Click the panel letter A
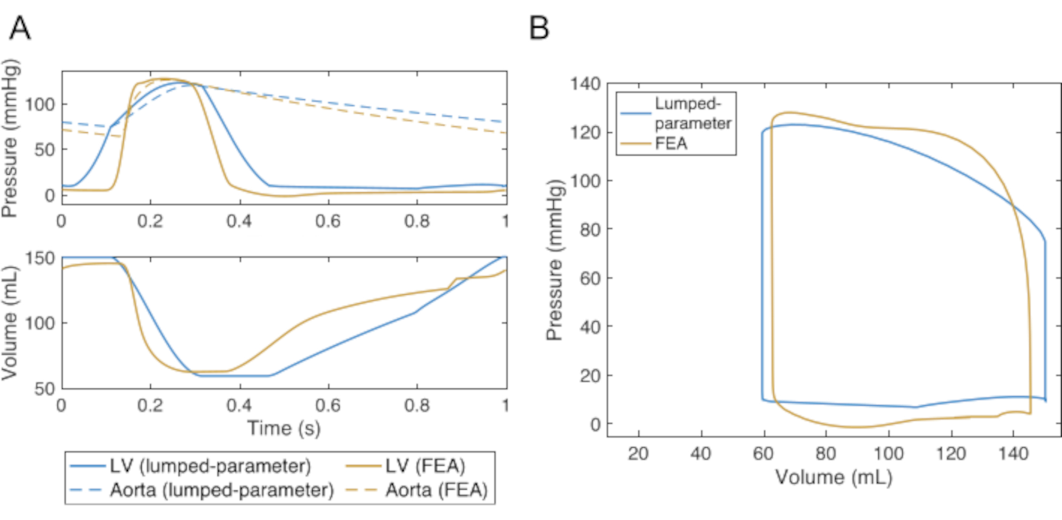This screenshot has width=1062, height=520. pos(20,28)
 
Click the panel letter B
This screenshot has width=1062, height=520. pos(539,28)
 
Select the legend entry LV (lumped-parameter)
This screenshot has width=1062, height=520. pos(210,466)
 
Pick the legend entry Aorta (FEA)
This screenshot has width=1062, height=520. pos(436,490)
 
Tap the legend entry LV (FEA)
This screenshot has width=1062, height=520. pos(425,466)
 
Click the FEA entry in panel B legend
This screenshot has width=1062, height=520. pos(671,143)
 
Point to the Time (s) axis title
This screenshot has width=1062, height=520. pos(284,428)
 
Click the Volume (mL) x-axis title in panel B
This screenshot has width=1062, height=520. pos(834,477)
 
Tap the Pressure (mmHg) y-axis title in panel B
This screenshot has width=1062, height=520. pos(554,260)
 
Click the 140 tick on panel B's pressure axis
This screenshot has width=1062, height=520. pos(585,84)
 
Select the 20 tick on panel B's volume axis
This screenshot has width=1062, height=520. pos(638,454)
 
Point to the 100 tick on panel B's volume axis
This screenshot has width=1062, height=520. pos(888,454)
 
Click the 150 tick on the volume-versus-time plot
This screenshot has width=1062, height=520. pos(40,259)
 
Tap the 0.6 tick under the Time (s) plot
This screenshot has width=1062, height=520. pos(328,405)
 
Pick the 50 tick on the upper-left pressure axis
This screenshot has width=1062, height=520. pos(45,150)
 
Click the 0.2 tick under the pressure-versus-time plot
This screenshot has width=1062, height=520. pos(150,221)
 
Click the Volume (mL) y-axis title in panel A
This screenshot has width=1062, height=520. pos(10,323)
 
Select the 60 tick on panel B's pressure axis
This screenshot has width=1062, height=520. pos(590,278)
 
